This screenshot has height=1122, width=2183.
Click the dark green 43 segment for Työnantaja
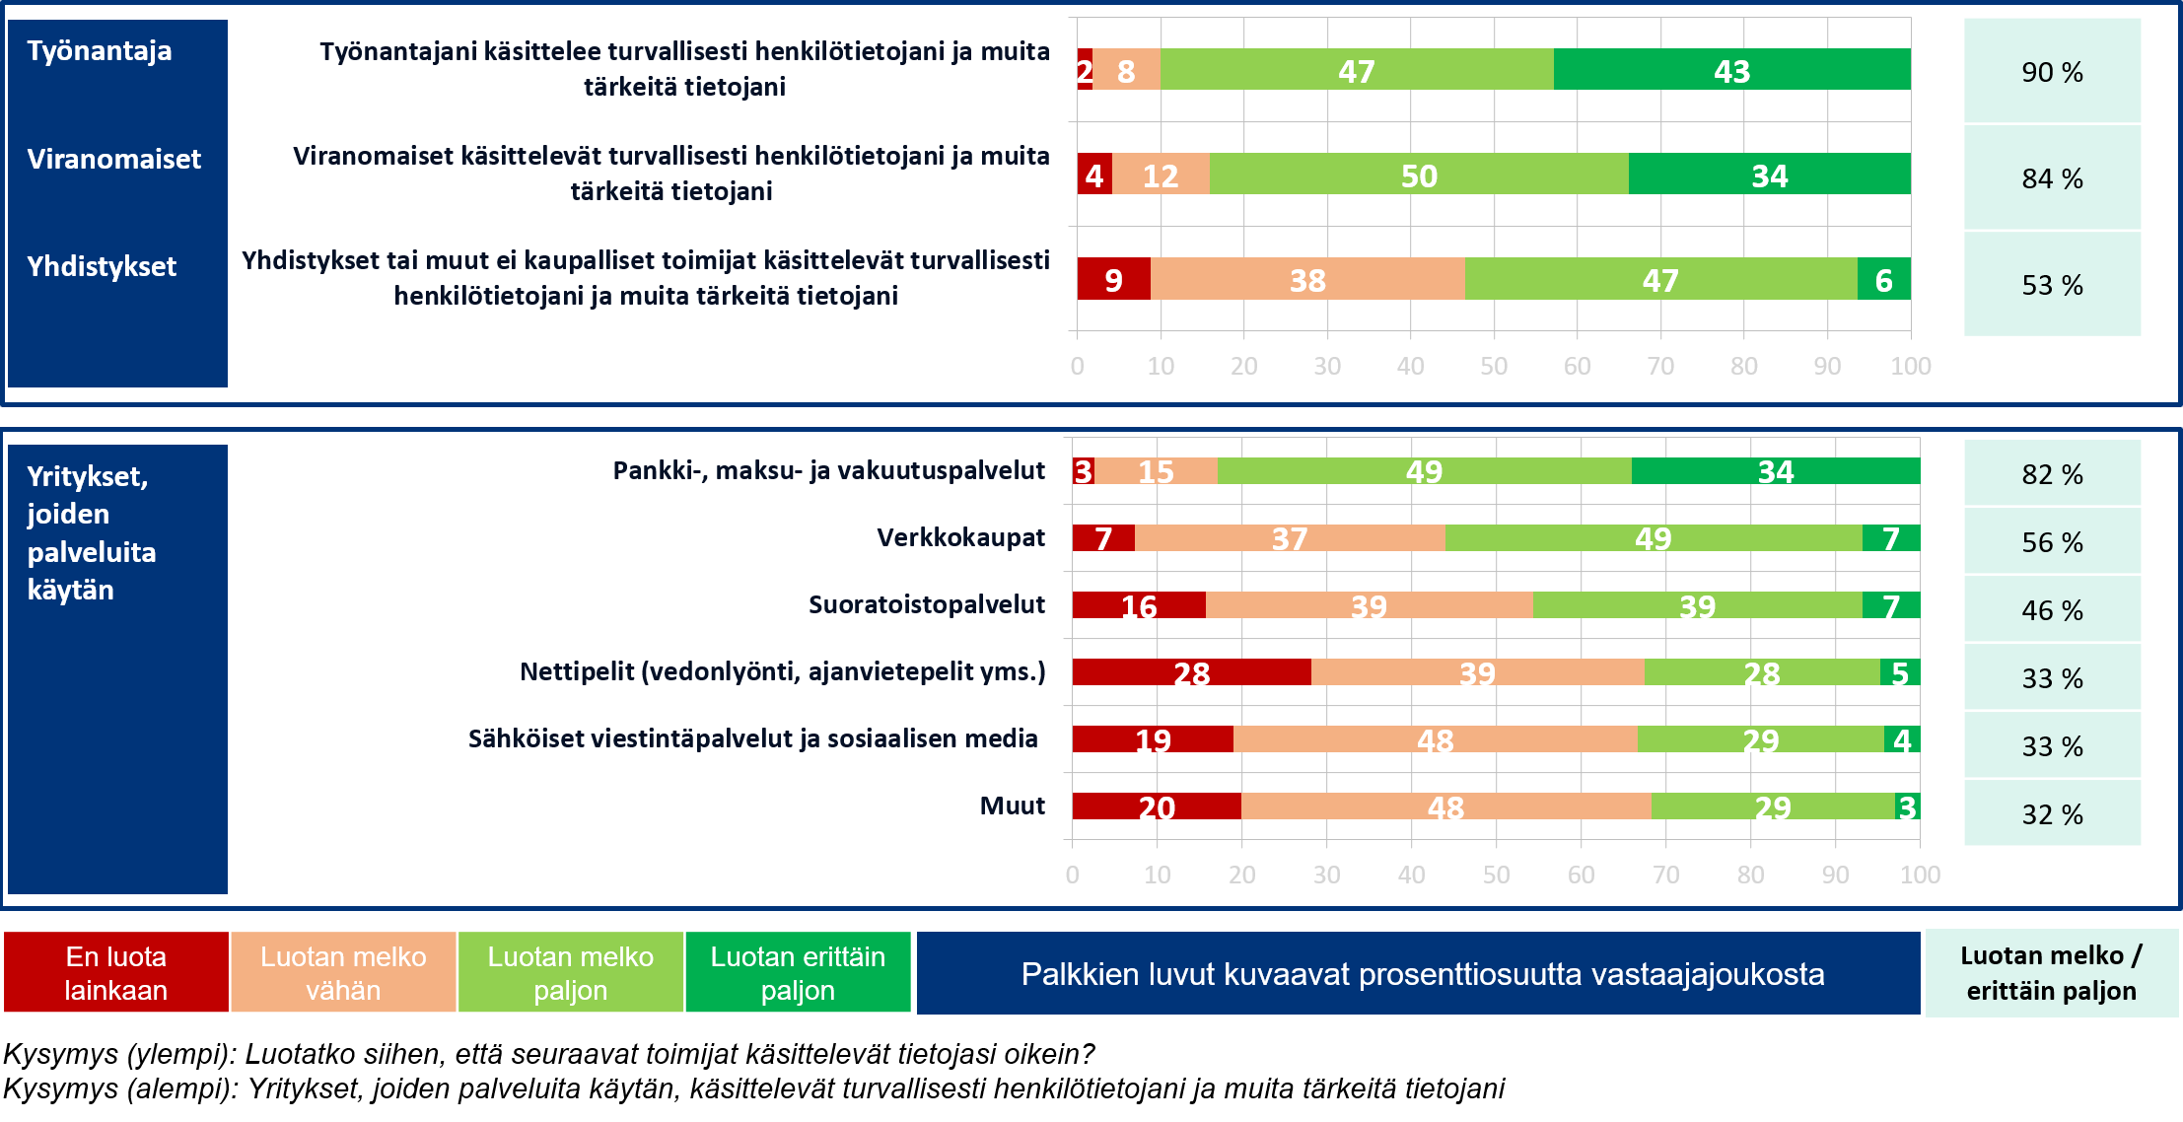click(1731, 70)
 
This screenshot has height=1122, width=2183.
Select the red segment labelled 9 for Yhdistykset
click(1113, 279)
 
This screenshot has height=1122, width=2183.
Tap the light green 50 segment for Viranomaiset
click(1419, 175)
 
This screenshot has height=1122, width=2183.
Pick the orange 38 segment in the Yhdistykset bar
click(1307, 279)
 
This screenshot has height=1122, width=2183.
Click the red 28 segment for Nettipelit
click(1191, 672)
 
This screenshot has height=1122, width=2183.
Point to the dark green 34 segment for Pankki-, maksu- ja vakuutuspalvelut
click(1775, 471)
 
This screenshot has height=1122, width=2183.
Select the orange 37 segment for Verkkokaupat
click(1289, 538)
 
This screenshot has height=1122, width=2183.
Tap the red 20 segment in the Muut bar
click(1157, 806)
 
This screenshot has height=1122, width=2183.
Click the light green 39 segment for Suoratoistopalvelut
click(1697, 605)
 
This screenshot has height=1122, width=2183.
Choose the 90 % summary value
click(2052, 72)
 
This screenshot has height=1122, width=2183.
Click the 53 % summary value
click(2052, 285)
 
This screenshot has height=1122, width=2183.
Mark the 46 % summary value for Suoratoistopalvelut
click(2052, 610)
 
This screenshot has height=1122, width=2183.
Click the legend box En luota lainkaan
click(116, 973)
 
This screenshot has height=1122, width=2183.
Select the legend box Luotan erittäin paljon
click(798, 973)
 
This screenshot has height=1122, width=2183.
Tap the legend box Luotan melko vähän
click(343, 973)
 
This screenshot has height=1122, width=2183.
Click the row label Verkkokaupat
click(960, 537)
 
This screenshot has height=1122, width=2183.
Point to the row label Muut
click(1012, 806)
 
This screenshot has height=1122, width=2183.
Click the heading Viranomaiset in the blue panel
click(113, 159)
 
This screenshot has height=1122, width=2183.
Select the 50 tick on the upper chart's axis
click(1493, 366)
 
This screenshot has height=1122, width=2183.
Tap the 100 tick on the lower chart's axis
click(1920, 875)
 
